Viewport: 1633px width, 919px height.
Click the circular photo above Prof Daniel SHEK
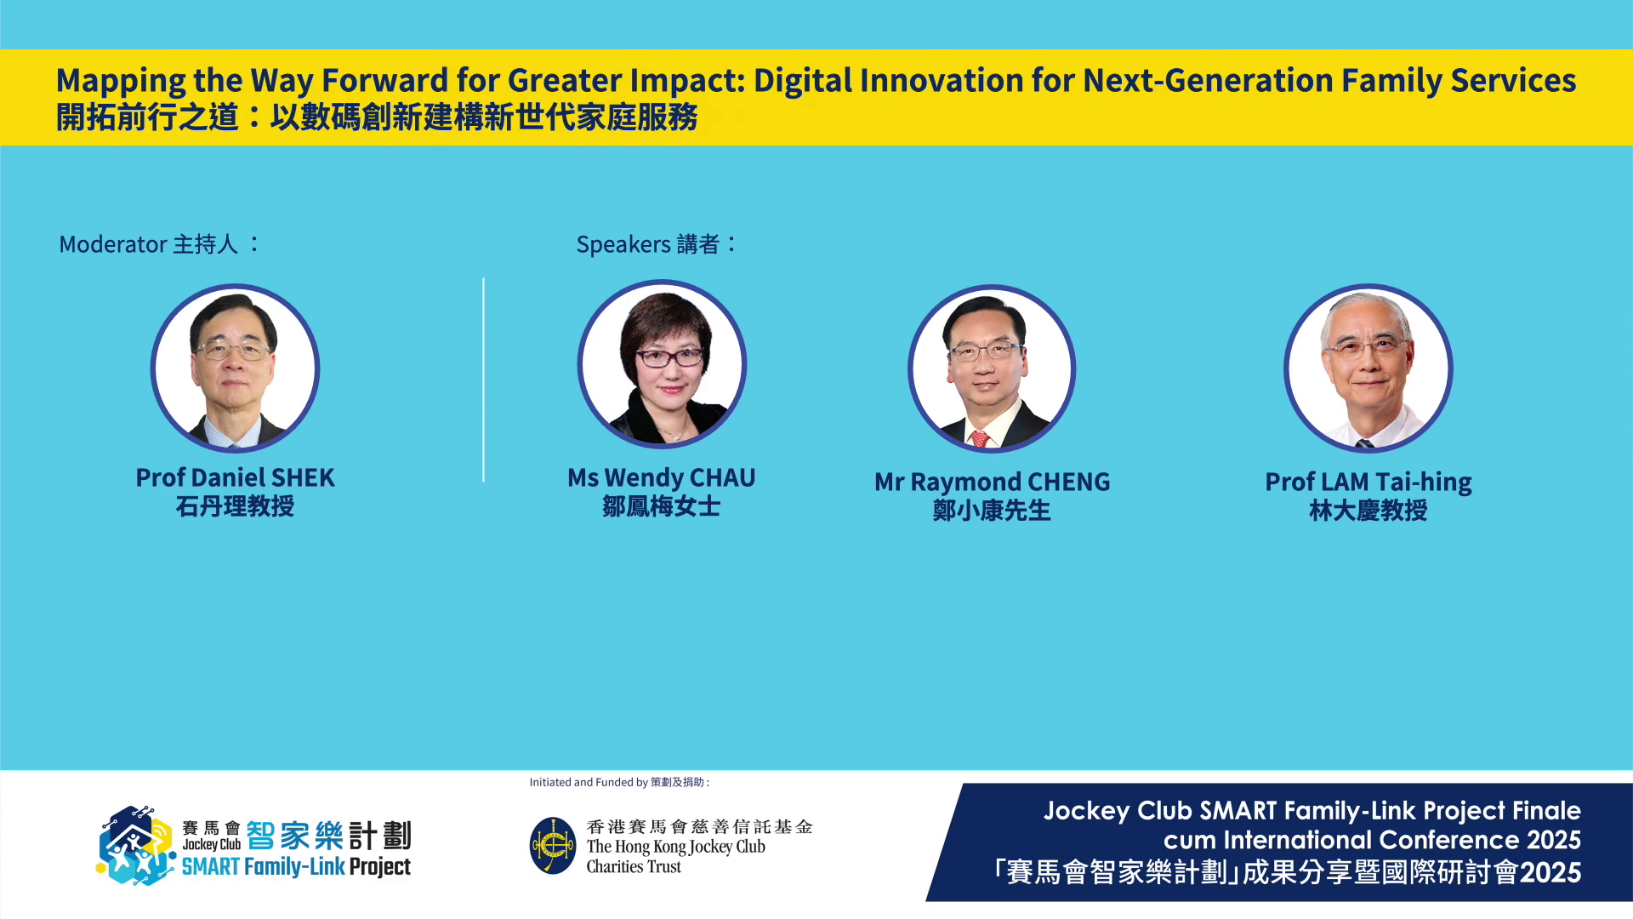click(236, 368)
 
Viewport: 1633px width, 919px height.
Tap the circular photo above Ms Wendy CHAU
click(662, 364)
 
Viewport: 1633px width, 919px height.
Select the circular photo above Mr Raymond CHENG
click(992, 368)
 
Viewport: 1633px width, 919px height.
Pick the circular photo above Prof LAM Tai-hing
click(1368, 368)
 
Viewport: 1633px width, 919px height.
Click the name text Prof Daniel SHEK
click(236, 477)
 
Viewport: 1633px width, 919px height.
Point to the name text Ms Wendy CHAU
click(662, 477)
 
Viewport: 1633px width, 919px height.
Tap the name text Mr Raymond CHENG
click(993, 482)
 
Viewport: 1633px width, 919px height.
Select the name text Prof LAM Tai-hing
click(1368, 482)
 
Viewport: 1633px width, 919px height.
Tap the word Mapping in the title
click(121, 82)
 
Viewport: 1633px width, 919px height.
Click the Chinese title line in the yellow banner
click(377, 117)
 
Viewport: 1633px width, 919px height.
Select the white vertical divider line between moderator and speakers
click(483, 380)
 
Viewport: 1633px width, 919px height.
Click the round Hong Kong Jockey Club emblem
click(553, 846)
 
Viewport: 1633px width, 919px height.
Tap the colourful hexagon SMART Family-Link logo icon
click(135, 846)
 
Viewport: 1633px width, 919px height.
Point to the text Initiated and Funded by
click(589, 782)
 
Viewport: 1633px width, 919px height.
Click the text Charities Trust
click(634, 867)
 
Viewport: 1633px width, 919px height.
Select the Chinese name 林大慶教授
click(1368, 511)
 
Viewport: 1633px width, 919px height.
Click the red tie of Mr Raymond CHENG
click(980, 439)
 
